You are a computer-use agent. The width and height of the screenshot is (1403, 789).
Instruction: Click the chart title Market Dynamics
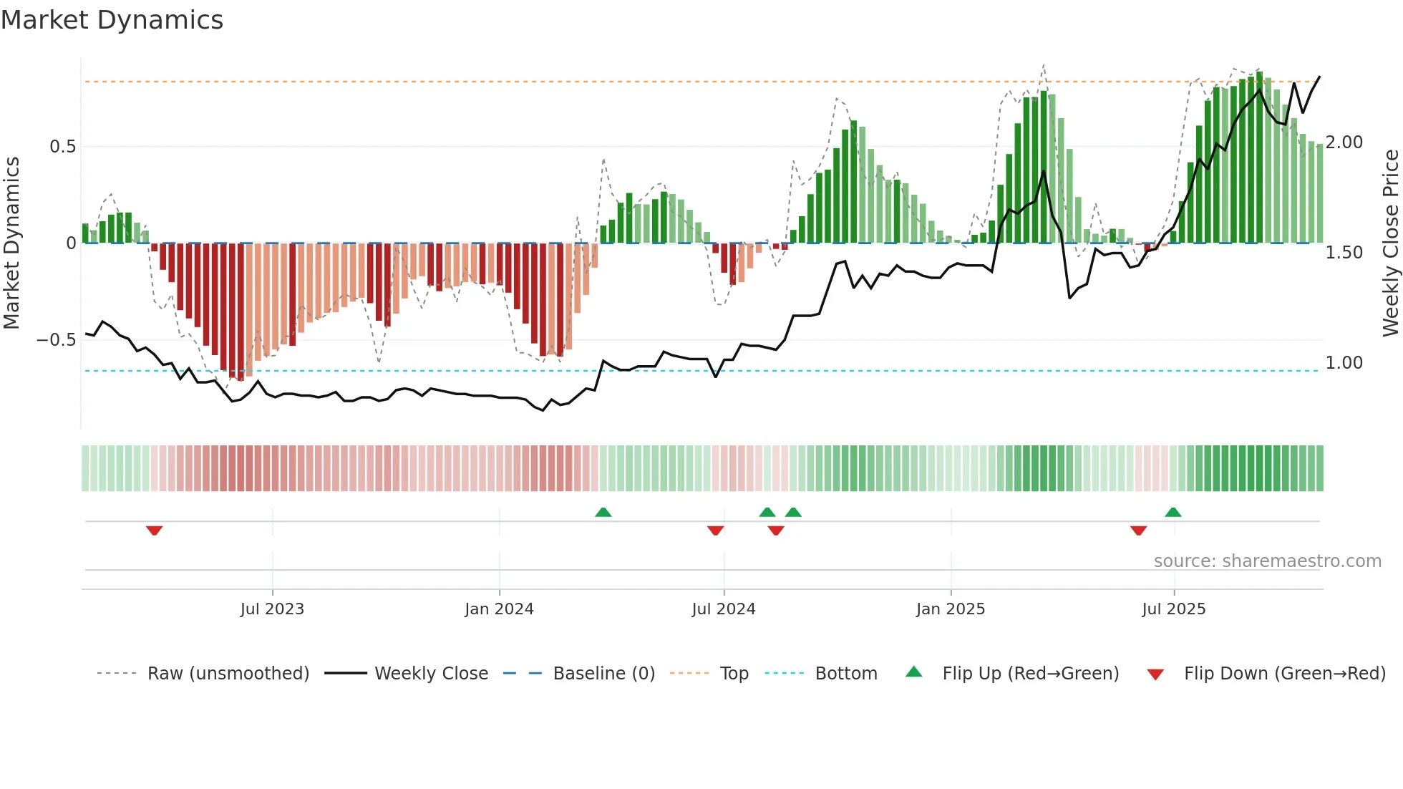[x=112, y=20]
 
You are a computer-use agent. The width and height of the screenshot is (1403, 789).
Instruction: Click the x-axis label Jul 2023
[x=272, y=609]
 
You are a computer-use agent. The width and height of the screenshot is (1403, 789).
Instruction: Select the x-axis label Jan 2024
[x=499, y=609]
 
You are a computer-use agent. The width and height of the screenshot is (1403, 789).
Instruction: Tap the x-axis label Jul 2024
[x=723, y=609]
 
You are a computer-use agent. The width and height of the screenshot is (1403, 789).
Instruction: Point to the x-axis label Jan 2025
[x=950, y=609]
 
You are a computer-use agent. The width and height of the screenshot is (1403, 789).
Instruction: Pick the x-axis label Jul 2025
[x=1173, y=609]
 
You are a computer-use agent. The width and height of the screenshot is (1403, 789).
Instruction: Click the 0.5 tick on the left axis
[x=62, y=147]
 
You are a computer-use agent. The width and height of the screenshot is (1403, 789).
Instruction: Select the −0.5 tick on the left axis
[x=57, y=340]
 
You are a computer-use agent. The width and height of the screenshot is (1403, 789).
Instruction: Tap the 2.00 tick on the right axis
[x=1344, y=142]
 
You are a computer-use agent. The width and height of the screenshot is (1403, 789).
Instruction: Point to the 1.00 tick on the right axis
[x=1344, y=363]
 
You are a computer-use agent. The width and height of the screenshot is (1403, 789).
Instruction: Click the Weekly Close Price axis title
[x=1390, y=243]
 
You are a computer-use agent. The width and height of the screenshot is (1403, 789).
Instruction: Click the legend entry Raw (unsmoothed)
[x=228, y=674]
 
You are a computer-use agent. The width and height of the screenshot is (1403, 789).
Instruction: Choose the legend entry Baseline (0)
[x=603, y=674]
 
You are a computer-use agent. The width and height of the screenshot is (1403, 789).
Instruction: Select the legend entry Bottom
[x=845, y=674]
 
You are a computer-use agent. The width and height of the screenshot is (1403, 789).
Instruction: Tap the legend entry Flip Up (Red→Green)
[x=1030, y=674]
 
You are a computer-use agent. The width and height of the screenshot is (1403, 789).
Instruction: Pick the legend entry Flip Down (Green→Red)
[x=1284, y=674]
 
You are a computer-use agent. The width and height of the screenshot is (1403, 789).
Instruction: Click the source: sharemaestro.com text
[x=1267, y=561]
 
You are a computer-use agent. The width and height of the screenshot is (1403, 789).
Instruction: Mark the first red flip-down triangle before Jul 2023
[x=154, y=531]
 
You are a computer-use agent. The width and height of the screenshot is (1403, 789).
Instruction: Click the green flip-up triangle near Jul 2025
[x=1173, y=512]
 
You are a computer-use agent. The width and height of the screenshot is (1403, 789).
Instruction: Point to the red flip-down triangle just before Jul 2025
[x=1138, y=531]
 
